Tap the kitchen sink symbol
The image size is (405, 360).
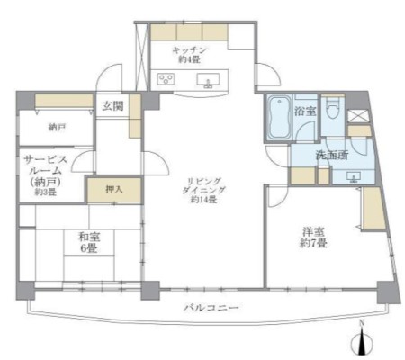tap(208, 81)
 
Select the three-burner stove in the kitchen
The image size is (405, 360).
tap(166, 79)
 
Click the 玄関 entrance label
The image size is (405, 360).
tap(112, 106)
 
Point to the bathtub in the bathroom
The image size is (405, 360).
tap(279, 118)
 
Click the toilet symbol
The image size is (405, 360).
tap(332, 108)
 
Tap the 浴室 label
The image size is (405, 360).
tap(304, 112)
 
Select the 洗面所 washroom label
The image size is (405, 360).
tap(331, 156)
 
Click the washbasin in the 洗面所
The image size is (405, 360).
tap(355, 176)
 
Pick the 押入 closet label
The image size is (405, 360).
tap(114, 190)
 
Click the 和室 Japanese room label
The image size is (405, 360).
tap(89, 238)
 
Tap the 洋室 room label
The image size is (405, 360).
tap(313, 231)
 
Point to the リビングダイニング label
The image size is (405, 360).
tap(204, 185)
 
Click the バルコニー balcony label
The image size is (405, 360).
tap(211, 308)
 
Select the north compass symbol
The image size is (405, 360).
tap(362, 339)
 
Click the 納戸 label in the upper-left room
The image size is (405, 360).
tap(57, 128)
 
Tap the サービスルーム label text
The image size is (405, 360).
tap(45, 165)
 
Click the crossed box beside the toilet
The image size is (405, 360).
tap(358, 116)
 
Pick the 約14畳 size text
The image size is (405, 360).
tap(204, 199)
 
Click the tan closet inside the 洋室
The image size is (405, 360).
tap(373, 209)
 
